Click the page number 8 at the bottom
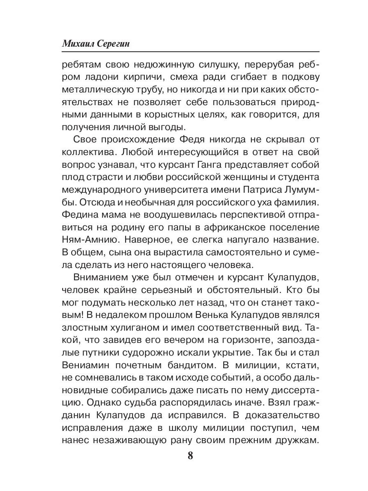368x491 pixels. pyautogui.click(x=190, y=456)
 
